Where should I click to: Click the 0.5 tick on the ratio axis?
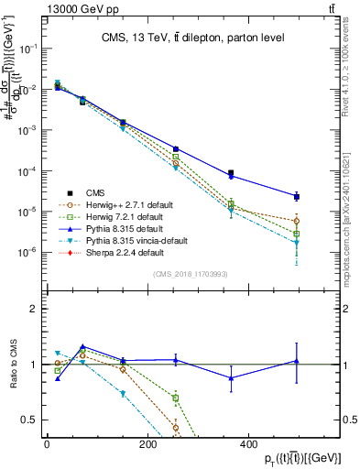pos(32,420)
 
